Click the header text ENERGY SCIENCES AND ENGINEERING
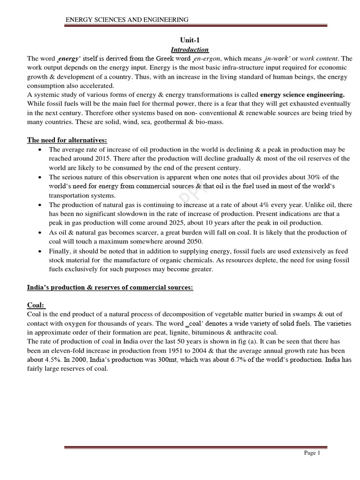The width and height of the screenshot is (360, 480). pyautogui.click(x=127, y=20)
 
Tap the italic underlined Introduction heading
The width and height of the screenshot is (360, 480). pyautogui.click(x=189, y=49)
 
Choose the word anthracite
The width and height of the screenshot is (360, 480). pyautogui.click(x=243, y=332)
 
